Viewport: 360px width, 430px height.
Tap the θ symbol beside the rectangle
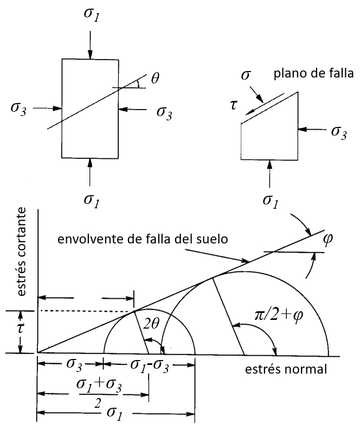click(156, 79)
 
